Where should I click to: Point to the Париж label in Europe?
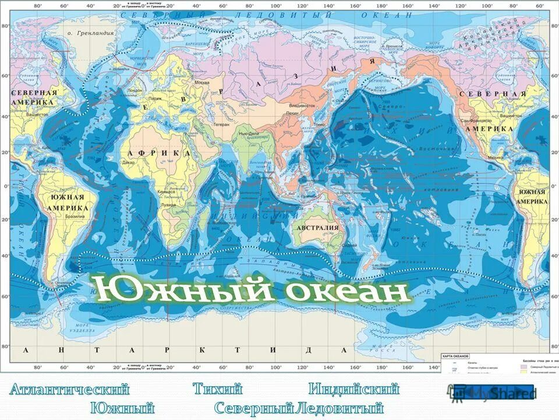coord(154,99)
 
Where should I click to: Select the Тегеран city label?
coord(221,124)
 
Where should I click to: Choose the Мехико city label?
coord(496,157)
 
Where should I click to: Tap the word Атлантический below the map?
coord(69,389)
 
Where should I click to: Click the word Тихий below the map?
coord(217,389)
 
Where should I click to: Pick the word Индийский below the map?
coord(353,389)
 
